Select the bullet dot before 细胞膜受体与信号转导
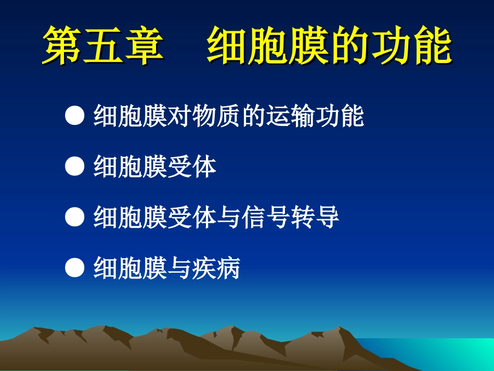(75, 218)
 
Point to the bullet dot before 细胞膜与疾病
(75, 268)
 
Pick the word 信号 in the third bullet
(265, 218)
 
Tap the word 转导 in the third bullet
(315, 218)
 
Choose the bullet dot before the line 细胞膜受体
(75, 168)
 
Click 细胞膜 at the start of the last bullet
(130, 268)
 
